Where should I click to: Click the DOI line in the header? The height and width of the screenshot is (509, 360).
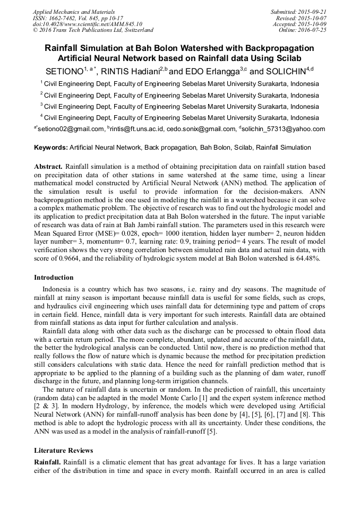[87, 24]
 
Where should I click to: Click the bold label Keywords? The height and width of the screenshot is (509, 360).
[51, 148]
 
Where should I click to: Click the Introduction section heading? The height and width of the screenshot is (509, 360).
[54, 278]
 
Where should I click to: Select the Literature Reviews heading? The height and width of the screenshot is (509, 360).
[63, 451]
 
